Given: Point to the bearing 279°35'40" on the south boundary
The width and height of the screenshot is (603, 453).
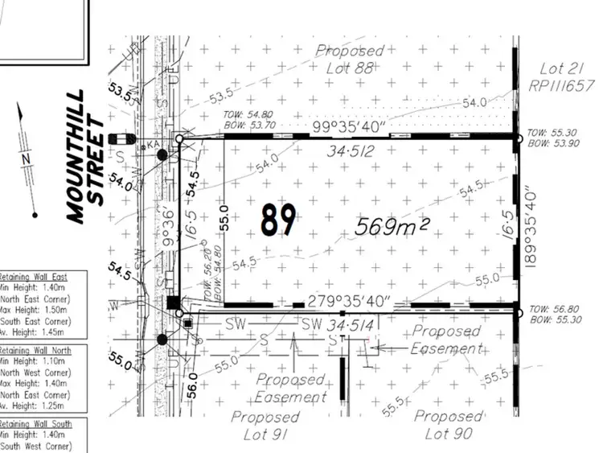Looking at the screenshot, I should tap(350, 302).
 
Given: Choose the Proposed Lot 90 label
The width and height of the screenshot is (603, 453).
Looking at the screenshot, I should tap(449, 425).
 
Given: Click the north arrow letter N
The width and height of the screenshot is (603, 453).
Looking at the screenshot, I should tap(27, 159).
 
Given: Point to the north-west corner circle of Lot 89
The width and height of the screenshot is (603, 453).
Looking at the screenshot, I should tap(179, 139).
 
